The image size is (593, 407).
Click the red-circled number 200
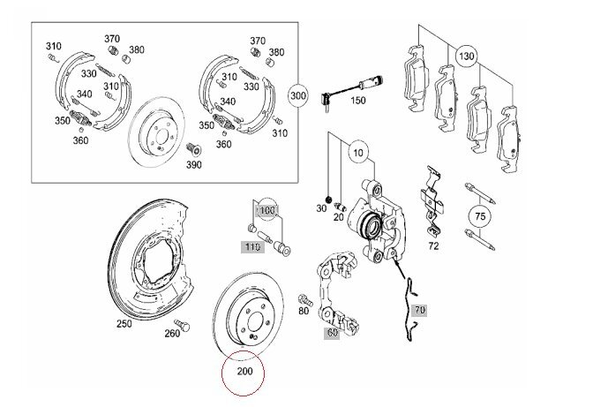(x=244, y=372)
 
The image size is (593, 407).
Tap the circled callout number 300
(x=298, y=95)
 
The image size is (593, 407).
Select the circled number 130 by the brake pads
(x=466, y=57)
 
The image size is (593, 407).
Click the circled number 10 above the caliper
(x=358, y=153)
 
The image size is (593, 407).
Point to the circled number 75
(x=480, y=216)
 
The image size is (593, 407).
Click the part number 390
(x=193, y=165)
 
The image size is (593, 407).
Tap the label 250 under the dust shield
(x=124, y=324)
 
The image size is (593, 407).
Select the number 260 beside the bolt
(x=172, y=333)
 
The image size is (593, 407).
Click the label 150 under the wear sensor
(x=357, y=101)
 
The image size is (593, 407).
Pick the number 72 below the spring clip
(x=433, y=246)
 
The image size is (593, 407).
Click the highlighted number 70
(x=420, y=310)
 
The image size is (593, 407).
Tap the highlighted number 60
(x=332, y=333)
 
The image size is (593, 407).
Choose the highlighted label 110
(x=252, y=247)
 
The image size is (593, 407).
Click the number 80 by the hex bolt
(x=304, y=311)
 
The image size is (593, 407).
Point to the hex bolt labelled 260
(x=183, y=325)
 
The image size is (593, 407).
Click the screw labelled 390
(x=194, y=150)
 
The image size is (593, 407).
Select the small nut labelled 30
(x=328, y=199)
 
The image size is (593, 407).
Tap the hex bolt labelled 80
(x=305, y=300)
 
